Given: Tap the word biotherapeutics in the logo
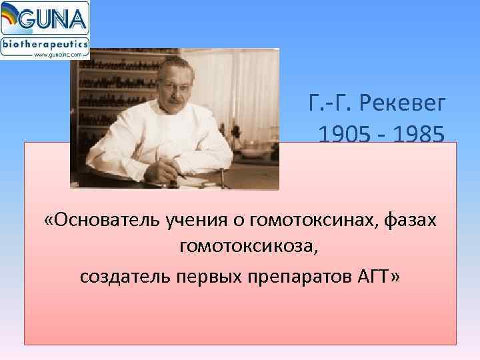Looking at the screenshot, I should click(45, 43).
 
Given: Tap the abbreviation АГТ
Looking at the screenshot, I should click(380, 275).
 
